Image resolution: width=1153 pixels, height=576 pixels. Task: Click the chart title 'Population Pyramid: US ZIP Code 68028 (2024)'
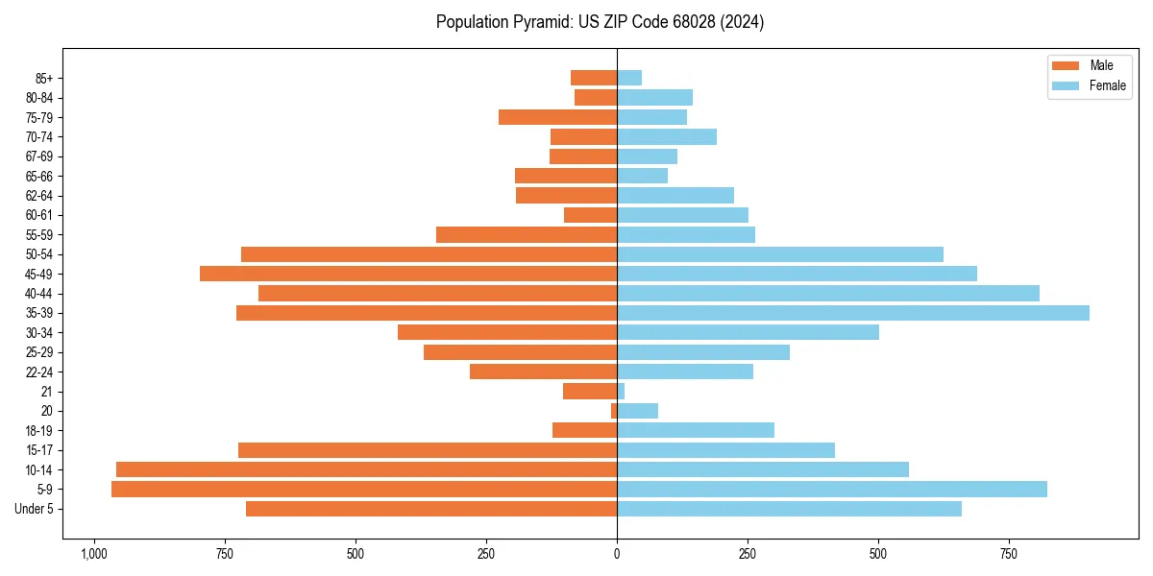pyautogui.click(x=600, y=22)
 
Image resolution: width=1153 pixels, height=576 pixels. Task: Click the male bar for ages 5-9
pyautogui.click(x=364, y=490)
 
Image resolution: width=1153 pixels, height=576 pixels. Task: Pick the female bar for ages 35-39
pyautogui.click(x=853, y=313)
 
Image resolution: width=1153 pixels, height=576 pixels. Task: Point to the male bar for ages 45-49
pyautogui.click(x=408, y=274)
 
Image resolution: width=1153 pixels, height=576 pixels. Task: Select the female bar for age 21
pyautogui.click(x=621, y=392)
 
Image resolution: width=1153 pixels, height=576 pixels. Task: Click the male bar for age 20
pyautogui.click(x=614, y=411)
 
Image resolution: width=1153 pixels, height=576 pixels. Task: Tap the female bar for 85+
pyautogui.click(x=629, y=78)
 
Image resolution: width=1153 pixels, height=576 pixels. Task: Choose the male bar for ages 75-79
pyautogui.click(x=557, y=117)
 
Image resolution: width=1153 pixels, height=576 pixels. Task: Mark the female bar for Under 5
pyautogui.click(x=789, y=509)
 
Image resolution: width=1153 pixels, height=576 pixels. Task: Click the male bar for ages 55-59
pyautogui.click(x=527, y=235)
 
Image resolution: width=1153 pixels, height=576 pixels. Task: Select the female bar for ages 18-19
pyautogui.click(x=696, y=430)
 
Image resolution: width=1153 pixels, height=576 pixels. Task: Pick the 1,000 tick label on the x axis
pyautogui.click(x=94, y=554)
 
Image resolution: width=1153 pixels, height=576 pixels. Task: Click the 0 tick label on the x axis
pyautogui.click(x=617, y=554)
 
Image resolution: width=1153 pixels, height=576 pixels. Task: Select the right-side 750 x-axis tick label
pyautogui.click(x=1009, y=554)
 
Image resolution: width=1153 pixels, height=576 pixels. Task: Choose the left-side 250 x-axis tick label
pyautogui.click(x=486, y=554)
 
